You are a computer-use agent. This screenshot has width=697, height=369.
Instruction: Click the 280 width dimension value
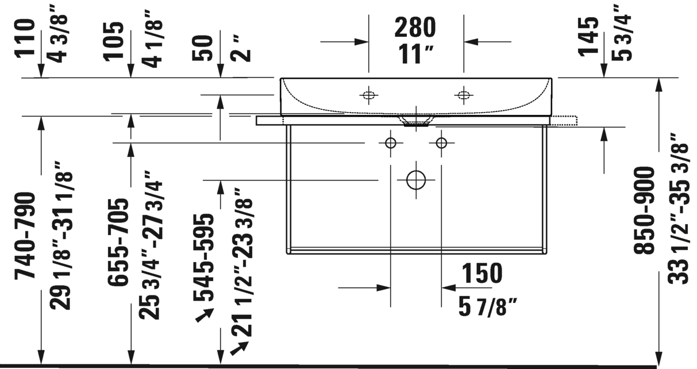coord(415,28)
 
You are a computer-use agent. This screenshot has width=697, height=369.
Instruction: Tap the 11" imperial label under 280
coord(415,55)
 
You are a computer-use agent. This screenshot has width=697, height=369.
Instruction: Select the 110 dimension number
coord(25,39)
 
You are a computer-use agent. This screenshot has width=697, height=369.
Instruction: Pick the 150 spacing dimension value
coord(482,273)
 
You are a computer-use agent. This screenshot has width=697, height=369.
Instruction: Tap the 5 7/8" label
coord(488,307)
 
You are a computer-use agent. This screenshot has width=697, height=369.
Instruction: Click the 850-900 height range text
coord(644,210)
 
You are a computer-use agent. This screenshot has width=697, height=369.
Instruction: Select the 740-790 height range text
coord(25,235)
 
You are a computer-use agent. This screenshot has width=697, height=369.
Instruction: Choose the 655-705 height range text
coord(118,241)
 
